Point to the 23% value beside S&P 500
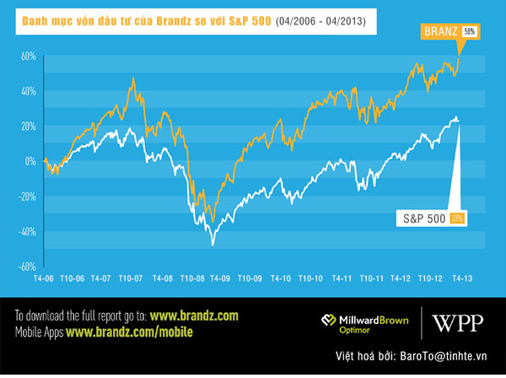point(458,218)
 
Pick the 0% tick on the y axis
point(30,161)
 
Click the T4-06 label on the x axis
point(44,277)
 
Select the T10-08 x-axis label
point(192,277)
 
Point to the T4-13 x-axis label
point(462,277)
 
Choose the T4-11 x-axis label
point(342,277)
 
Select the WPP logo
point(457,322)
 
